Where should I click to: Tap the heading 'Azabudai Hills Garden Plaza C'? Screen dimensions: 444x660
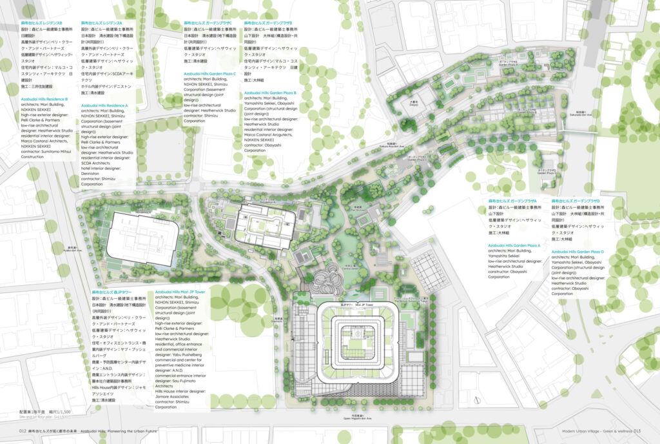click(x=210, y=74)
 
